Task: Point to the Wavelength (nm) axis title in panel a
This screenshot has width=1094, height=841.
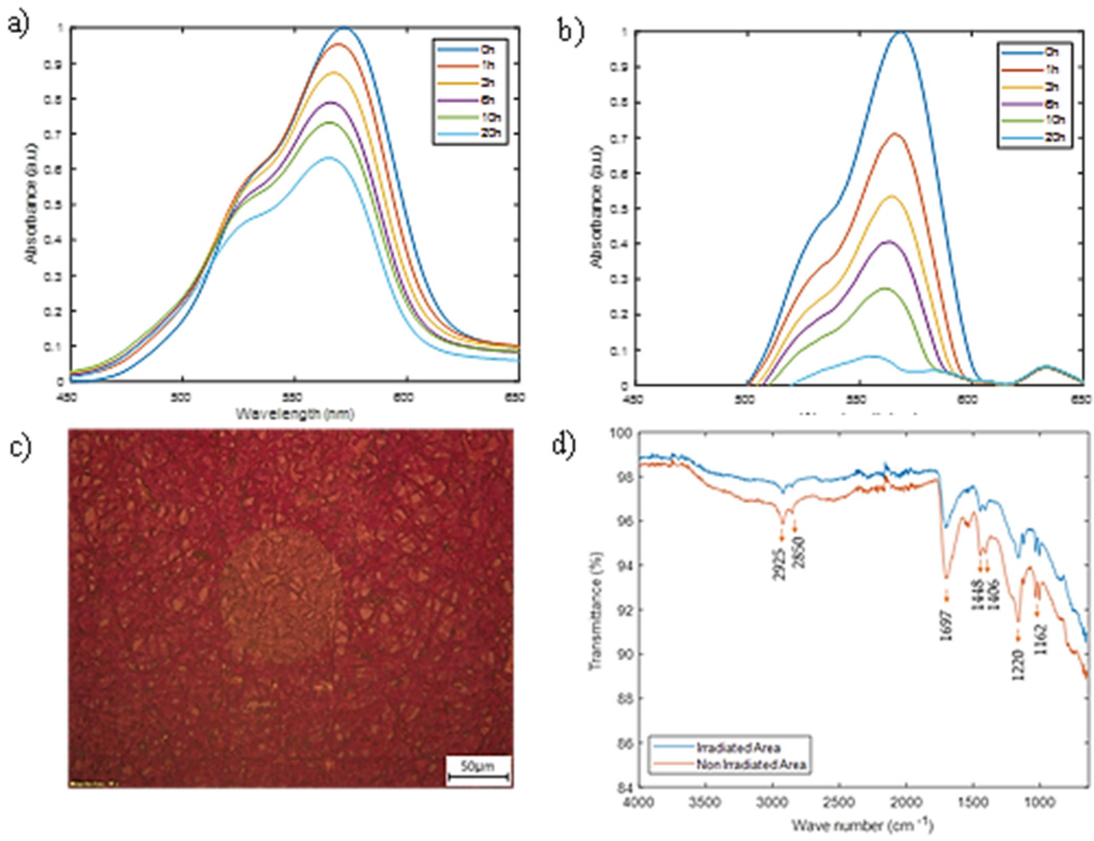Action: pos(295,414)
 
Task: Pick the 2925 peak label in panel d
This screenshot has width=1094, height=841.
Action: pos(779,564)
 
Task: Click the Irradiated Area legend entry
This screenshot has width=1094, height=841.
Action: pos(738,747)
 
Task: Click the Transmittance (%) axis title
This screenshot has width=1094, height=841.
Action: pos(597,610)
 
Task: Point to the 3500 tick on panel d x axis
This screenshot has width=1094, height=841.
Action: pos(706,802)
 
